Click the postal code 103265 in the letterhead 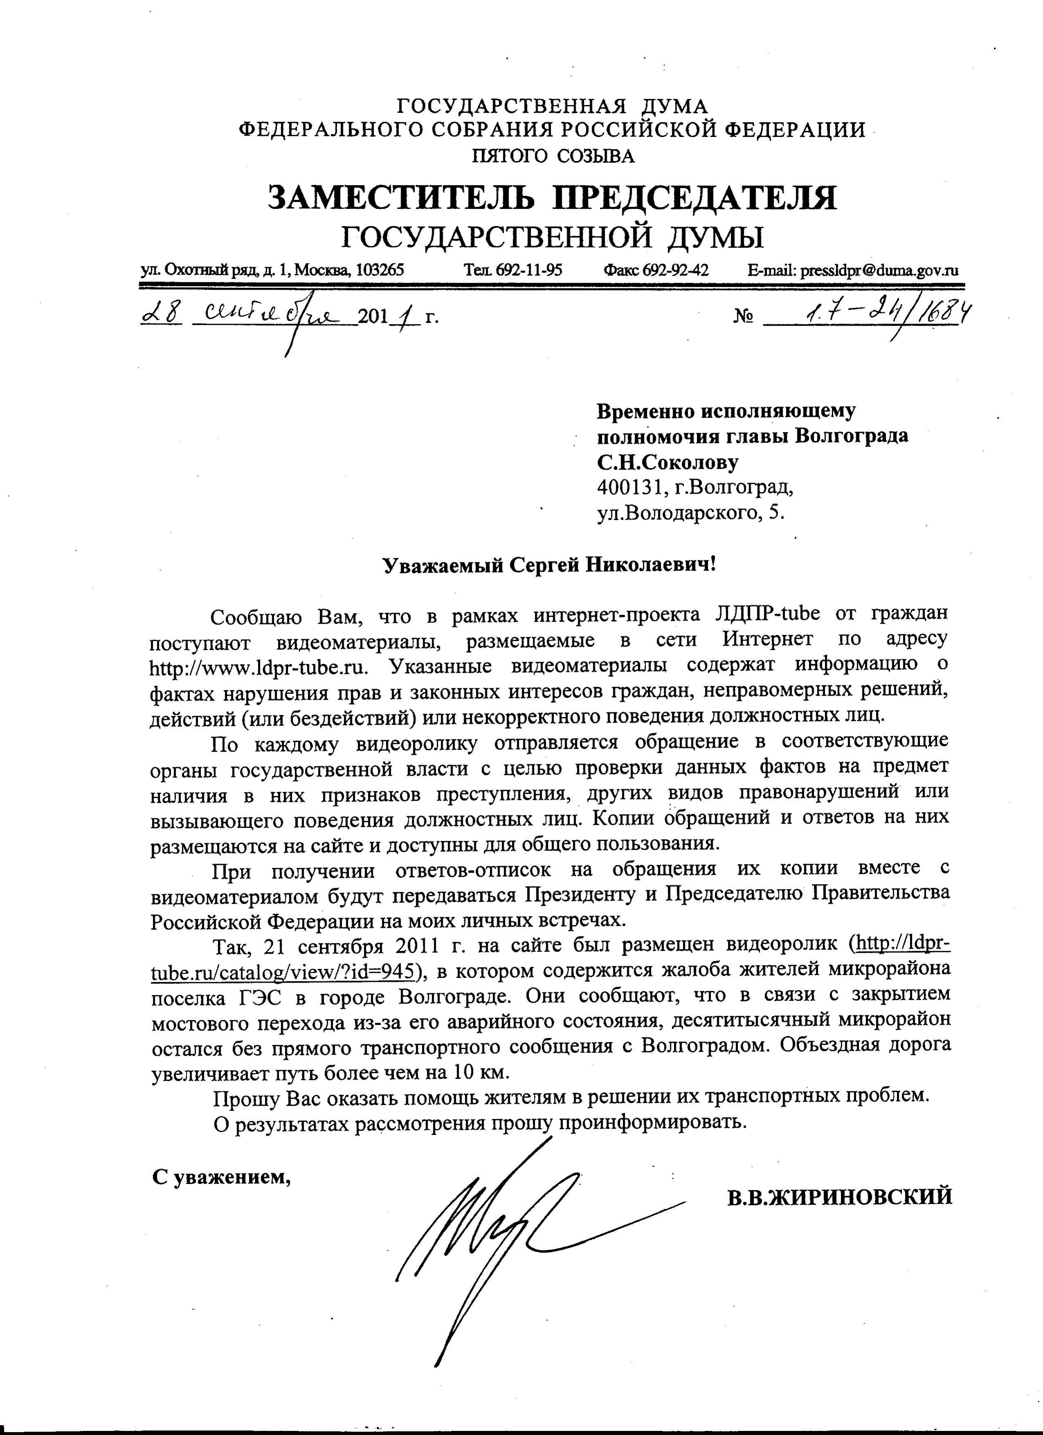point(380,270)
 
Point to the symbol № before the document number point(743,316)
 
